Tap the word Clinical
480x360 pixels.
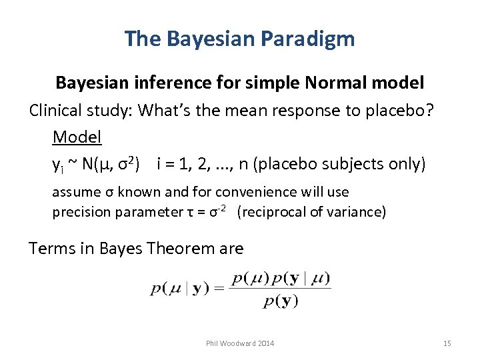click(x=53, y=111)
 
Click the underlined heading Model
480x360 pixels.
click(x=77, y=137)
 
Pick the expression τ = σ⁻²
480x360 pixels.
click(x=203, y=212)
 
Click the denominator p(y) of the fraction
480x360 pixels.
click(x=281, y=301)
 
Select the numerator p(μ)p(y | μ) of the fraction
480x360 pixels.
click(x=281, y=277)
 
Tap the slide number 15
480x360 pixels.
click(x=447, y=343)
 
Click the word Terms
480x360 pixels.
click(x=51, y=249)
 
